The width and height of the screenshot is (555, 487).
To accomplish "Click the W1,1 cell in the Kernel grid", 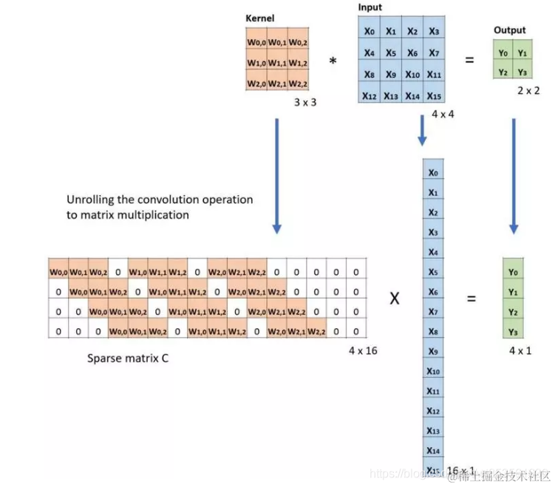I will [277, 63].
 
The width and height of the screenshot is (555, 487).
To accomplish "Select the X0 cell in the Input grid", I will [370, 31].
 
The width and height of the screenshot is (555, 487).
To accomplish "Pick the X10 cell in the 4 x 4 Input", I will [412, 74].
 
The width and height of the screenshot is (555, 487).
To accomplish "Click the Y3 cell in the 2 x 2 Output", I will [522, 72].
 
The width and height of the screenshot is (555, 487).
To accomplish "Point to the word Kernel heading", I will [259, 16].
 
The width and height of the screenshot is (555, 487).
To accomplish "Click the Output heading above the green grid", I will [510, 30].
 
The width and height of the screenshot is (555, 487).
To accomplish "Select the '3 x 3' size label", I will [304, 102].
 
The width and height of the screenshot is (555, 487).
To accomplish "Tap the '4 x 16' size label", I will [363, 350].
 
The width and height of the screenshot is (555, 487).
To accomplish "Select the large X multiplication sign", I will [395, 299].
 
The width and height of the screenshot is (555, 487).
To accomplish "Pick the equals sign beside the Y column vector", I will [471, 299].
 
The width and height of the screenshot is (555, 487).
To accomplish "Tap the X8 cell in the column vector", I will [433, 332].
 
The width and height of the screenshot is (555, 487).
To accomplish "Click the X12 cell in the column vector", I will [433, 411].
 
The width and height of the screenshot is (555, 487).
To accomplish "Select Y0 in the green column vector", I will [513, 272].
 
